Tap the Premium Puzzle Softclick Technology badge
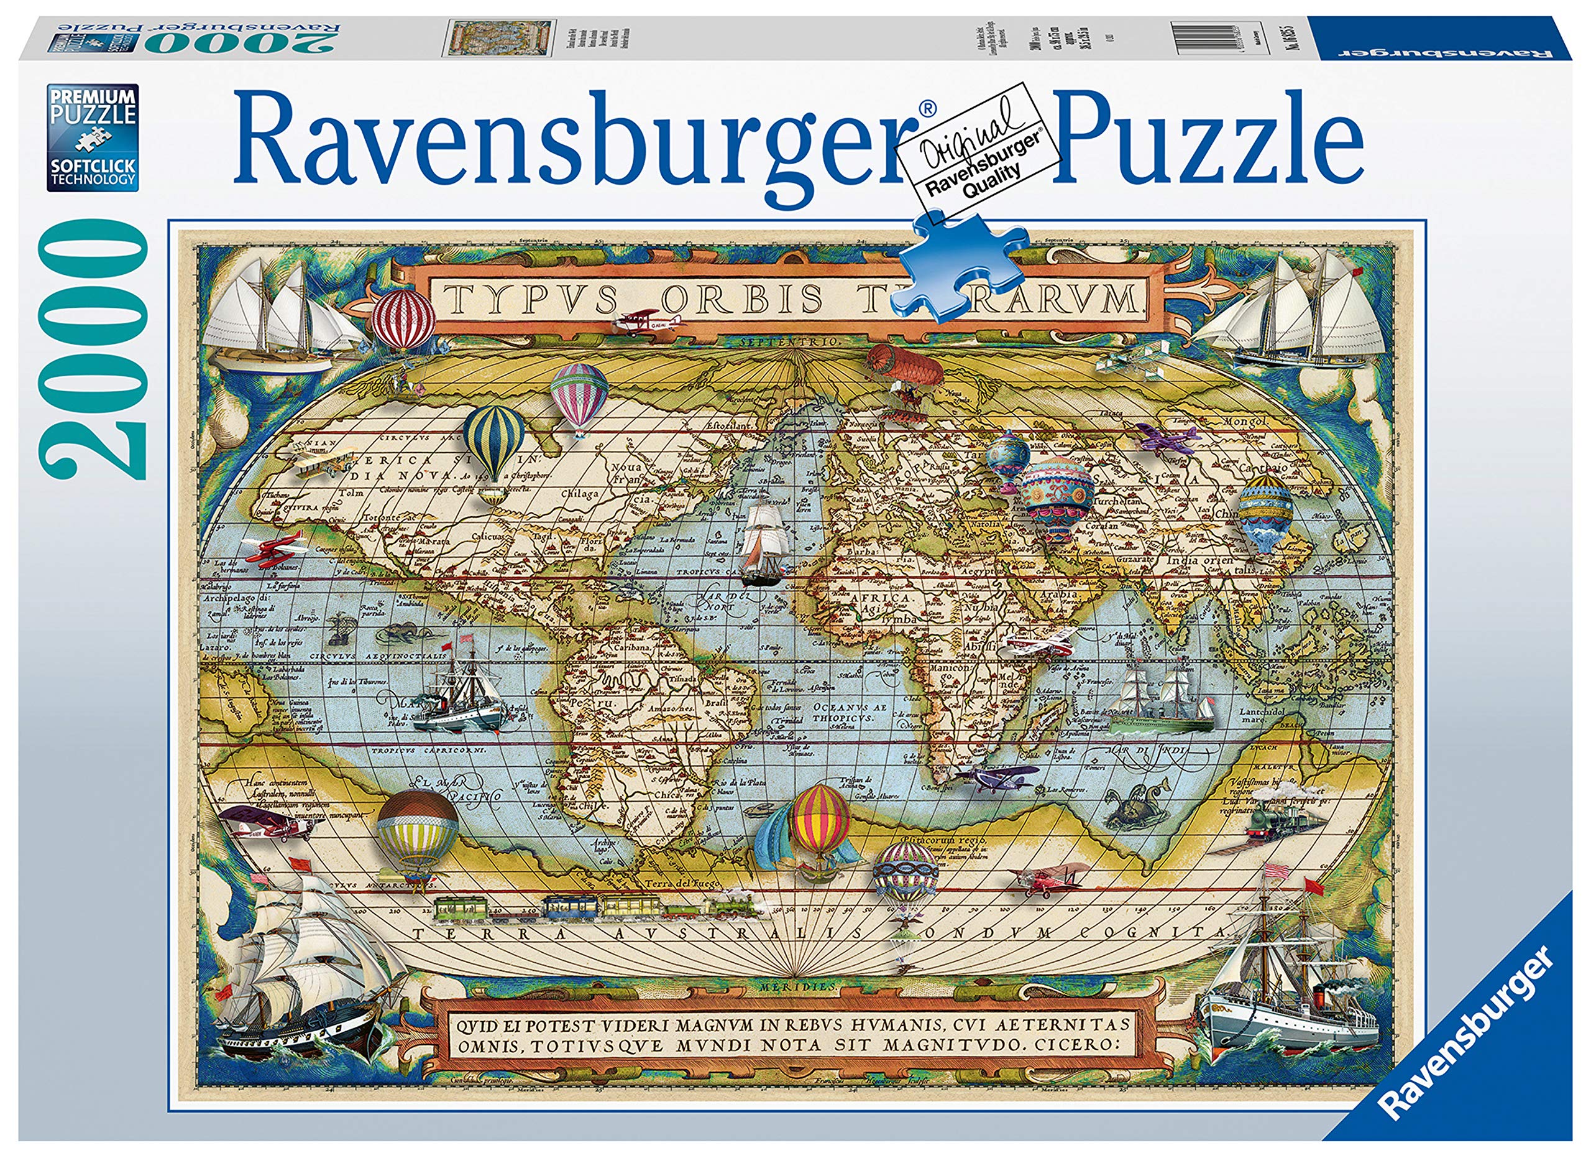coord(93,137)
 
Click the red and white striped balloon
coord(403,319)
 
